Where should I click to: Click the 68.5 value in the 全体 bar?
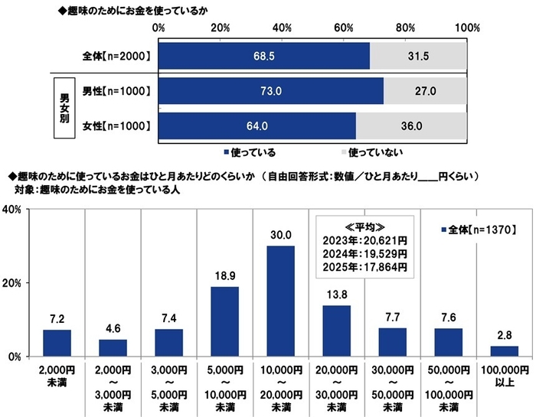click(x=263, y=56)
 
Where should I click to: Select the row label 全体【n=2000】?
click(x=115, y=56)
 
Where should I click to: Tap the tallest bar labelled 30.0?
click(x=281, y=301)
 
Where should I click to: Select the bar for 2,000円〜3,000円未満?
click(x=113, y=347)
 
